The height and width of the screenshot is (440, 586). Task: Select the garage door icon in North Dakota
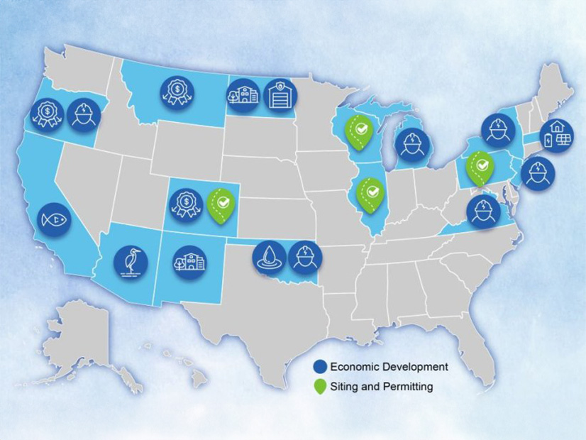tap(278, 94)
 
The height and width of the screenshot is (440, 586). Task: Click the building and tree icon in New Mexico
tap(188, 263)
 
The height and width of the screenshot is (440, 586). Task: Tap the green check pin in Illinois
tap(370, 192)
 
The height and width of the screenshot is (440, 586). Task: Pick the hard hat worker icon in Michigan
tap(411, 145)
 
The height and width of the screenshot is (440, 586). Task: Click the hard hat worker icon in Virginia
tap(485, 211)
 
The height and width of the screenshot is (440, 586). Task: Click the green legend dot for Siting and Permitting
tap(321, 387)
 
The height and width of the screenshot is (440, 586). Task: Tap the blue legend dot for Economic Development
tap(321, 367)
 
